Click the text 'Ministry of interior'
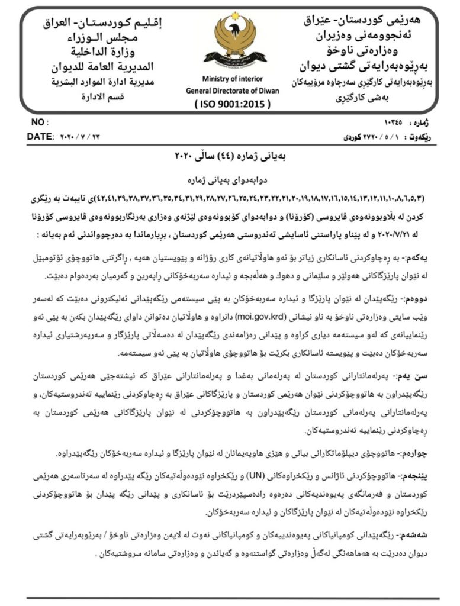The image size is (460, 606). pos(230,79)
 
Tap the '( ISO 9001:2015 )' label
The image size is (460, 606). pos(231,104)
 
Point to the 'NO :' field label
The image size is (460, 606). pos(38,123)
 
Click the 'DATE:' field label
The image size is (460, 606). pos(40,137)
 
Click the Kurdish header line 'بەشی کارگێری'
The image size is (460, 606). pos(368,95)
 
